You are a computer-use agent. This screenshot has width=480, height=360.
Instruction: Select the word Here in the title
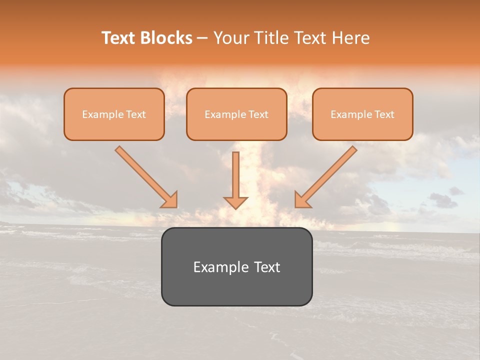[350, 38]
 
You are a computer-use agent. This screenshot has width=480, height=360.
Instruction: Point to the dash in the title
[202, 38]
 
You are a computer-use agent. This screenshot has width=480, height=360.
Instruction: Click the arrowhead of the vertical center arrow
[235, 202]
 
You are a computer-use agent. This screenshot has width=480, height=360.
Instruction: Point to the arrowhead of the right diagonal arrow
[302, 200]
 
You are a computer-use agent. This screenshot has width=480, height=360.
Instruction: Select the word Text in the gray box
[266, 267]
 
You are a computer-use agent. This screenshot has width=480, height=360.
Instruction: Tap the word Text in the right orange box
[384, 114]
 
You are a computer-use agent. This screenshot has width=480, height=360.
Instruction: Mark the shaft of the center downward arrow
[235, 172]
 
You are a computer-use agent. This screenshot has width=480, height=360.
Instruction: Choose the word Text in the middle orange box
[258, 114]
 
